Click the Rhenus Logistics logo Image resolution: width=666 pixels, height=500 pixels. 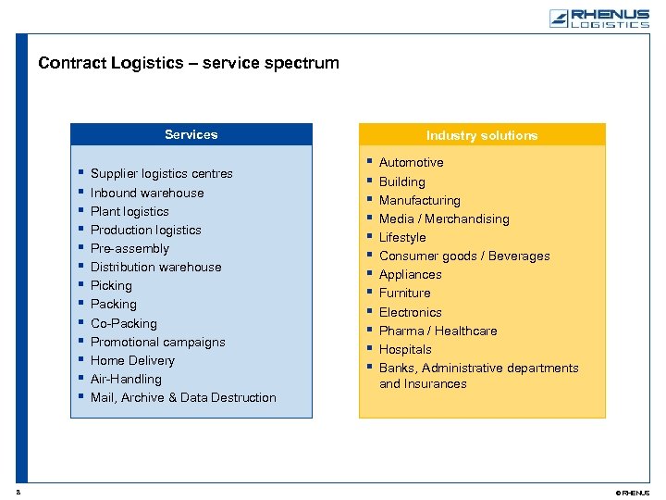click(598, 19)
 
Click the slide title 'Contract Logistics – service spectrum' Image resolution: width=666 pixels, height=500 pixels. click(189, 64)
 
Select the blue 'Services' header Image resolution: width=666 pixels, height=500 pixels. click(191, 134)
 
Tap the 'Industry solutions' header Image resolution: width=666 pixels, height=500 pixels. click(481, 135)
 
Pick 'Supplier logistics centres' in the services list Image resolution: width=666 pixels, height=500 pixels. click(161, 174)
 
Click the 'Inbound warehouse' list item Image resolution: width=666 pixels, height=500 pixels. click(147, 193)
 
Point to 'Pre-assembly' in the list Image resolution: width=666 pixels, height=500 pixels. click(129, 248)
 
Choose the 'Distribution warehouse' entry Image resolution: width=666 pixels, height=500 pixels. click(155, 267)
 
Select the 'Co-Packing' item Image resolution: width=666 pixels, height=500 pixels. click(123, 323)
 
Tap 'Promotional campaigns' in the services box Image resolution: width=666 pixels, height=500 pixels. click(157, 342)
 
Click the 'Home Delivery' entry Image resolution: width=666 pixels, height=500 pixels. click(132, 360)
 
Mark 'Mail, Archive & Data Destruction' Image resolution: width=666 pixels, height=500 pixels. click(183, 397)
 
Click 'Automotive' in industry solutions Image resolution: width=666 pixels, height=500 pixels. click(411, 163)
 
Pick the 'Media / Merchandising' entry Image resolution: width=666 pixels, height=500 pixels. click(444, 219)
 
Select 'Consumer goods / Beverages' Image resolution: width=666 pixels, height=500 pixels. click(464, 256)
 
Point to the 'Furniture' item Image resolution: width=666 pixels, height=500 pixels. click(404, 293)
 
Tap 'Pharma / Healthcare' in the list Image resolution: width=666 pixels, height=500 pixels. click(438, 331)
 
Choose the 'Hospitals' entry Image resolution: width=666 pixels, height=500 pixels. click(405, 349)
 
